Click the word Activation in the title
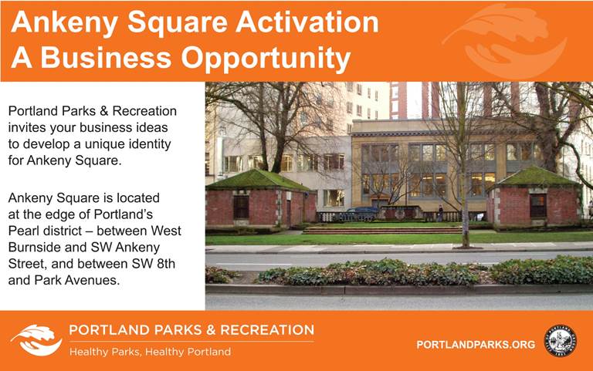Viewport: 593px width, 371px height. pyautogui.click(x=307, y=22)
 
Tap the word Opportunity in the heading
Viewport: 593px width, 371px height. pyautogui.click(x=266, y=59)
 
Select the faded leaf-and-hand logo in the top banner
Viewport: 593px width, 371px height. pyautogui.click(x=505, y=40)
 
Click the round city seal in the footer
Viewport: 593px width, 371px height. pyautogui.click(x=560, y=340)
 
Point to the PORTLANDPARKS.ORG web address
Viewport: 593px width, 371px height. pyautogui.click(x=476, y=345)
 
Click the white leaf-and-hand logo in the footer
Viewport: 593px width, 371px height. pyautogui.click(x=36, y=339)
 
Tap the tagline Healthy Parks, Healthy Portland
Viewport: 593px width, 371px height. pyautogui.click(x=150, y=352)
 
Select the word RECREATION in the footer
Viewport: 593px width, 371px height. pyautogui.click(x=267, y=330)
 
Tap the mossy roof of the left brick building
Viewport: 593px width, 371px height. pyautogui.click(x=259, y=180)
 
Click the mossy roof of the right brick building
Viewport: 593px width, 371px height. pyautogui.click(x=535, y=177)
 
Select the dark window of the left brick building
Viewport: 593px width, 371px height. pyautogui.click(x=241, y=207)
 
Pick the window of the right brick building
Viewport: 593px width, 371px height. pyautogui.click(x=538, y=205)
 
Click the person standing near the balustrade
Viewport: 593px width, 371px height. pyautogui.click(x=440, y=213)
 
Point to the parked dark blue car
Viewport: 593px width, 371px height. pyautogui.click(x=362, y=213)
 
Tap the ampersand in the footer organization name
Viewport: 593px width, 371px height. pyautogui.click(x=210, y=330)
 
